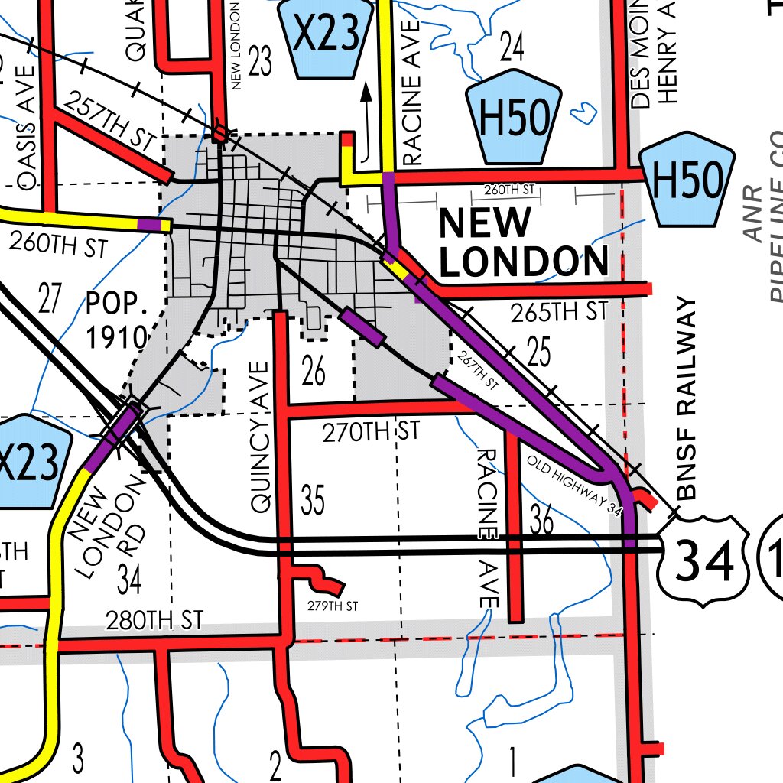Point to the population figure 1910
pos(116,336)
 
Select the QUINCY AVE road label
pos(261,436)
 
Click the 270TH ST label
pos(370,432)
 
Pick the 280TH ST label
pos(154,619)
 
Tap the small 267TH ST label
pos(476,370)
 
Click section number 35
pos(313,501)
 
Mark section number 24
pos(512,47)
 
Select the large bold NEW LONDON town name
pos(523,243)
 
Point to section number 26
pos(314,372)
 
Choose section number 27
pos(49,299)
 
